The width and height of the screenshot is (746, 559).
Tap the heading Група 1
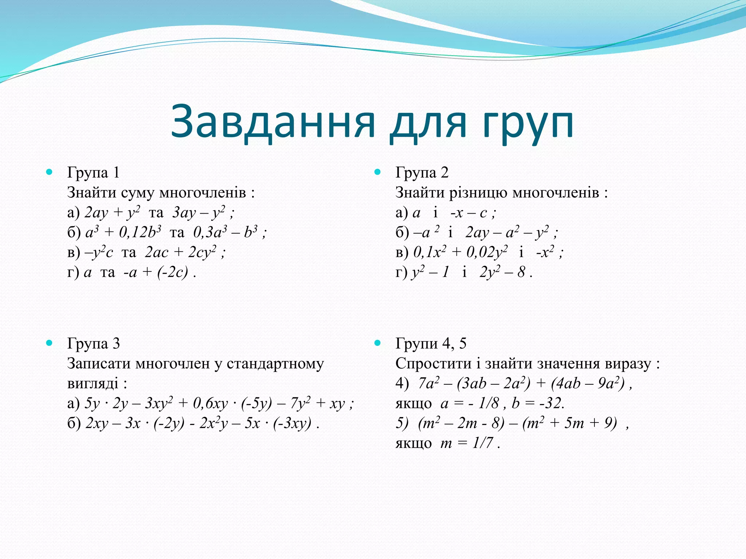coord(93,173)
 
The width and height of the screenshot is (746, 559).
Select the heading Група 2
coord(422,173)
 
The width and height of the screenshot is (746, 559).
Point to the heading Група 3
coord(93,344)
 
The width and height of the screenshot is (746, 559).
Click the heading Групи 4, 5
coord(431,344)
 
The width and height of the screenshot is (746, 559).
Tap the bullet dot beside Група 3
coord(50,343)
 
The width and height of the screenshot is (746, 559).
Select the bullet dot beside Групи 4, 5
coord(377,343)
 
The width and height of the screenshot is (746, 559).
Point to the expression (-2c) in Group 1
coord(173,272)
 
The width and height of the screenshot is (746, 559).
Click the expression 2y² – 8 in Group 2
coord(503,272)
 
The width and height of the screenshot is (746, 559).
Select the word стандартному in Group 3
coord(275,364)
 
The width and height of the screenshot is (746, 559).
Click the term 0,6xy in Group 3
coord(210,404)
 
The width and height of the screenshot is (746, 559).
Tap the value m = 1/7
coord(467,443)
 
